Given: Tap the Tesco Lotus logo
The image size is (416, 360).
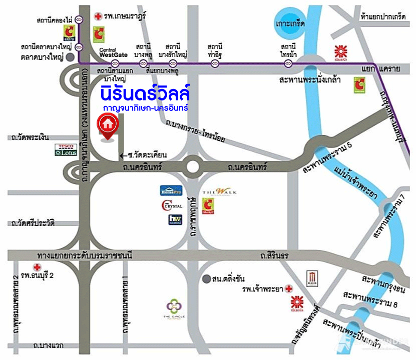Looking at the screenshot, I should (x=66, y=150).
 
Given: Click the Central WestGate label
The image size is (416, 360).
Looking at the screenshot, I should (x=114, y=52).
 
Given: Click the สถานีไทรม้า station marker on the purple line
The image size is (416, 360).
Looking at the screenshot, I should (x=288, y=63).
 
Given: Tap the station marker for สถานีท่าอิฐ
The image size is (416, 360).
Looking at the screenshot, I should (x=215, y=63).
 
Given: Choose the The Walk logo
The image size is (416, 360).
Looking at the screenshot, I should (x=216, y=192).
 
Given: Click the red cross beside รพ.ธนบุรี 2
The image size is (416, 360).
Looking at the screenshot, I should (x=36, y=267).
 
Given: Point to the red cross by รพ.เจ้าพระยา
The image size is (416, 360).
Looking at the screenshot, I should (x=288, y=288).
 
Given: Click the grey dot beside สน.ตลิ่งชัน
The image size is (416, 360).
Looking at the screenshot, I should (x=206, y=277).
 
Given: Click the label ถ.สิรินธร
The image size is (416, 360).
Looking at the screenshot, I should (x=274, y=256).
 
